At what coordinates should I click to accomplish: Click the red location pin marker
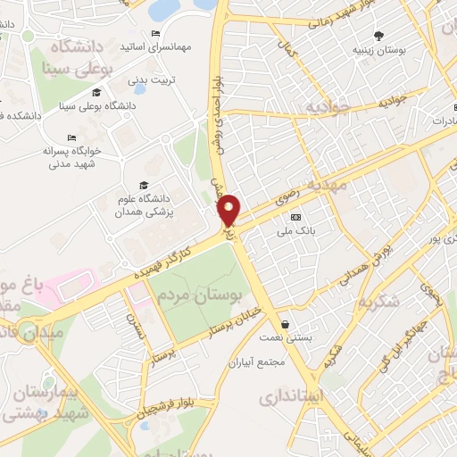[x=229, y=211]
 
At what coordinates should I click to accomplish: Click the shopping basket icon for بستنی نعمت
[x=285, y=324]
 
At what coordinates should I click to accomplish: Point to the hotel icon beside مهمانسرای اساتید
[x=157, y=33]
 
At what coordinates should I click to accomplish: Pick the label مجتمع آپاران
[x=255, y=362]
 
